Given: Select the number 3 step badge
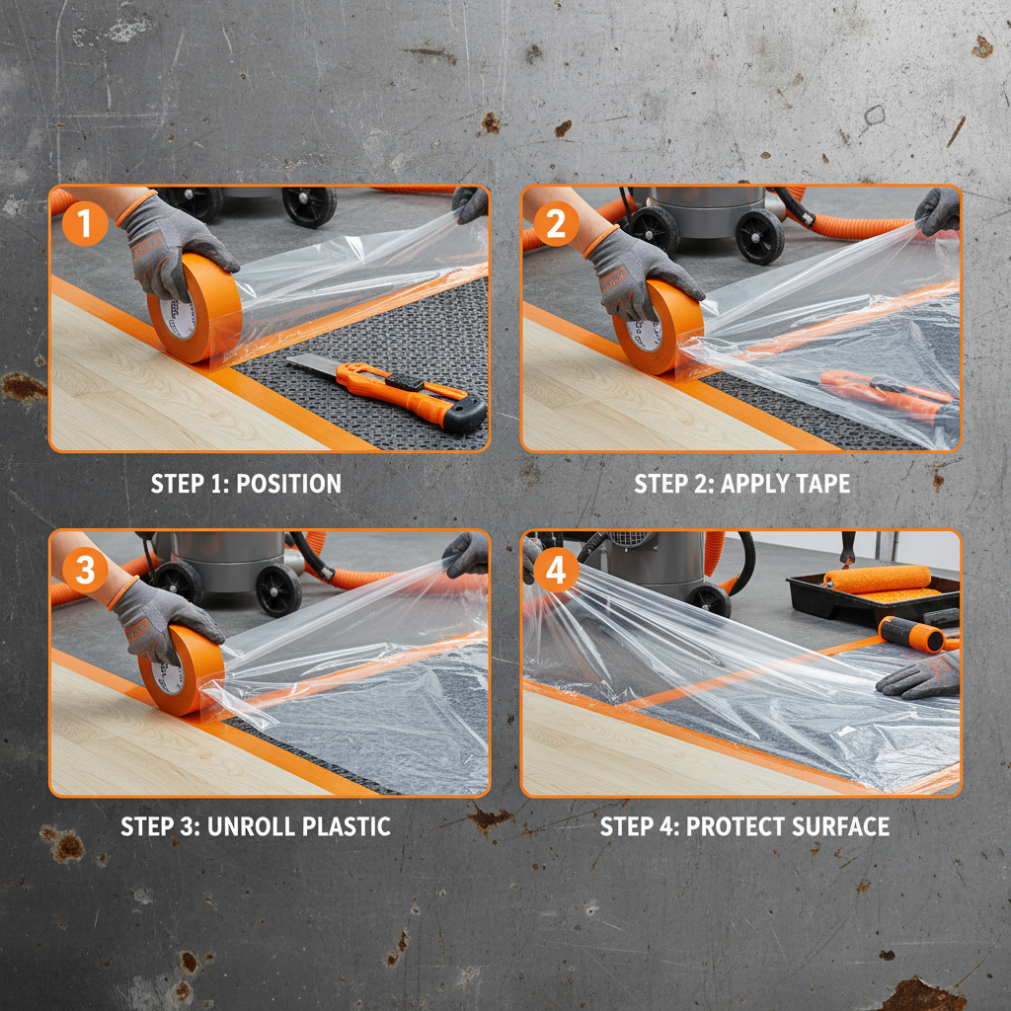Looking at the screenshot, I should (85, 570).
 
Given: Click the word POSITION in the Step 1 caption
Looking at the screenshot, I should (288, 484).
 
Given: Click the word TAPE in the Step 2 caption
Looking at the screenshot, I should (817, 484).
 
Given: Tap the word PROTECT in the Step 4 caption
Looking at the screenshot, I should (729, 826).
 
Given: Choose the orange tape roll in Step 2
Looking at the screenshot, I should (658, 328).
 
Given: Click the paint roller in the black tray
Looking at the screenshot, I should (877, 579).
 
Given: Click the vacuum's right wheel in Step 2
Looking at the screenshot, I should (759, 236).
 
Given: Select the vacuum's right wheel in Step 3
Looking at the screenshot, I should (278, 589).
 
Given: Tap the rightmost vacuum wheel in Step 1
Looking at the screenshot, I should (309, 205).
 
